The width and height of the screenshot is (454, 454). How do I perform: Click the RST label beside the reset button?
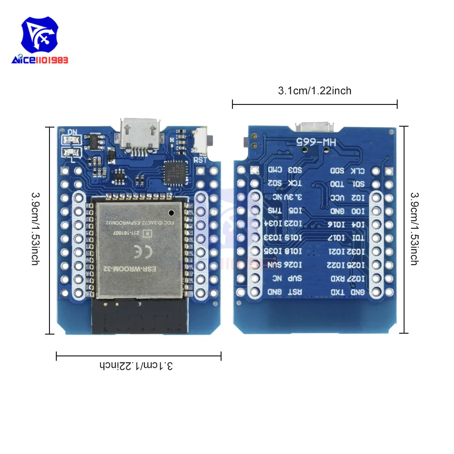coord(200,160)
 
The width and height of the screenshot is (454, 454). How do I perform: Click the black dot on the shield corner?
coord(171,212)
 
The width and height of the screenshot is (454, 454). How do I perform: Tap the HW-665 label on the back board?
coord(314,142)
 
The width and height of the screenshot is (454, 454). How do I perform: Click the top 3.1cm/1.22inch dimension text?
coord(315,91)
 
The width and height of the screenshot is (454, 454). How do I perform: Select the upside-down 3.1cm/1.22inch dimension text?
coord(138,365)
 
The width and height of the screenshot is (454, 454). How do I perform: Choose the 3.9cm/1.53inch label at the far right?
coord(414,229)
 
